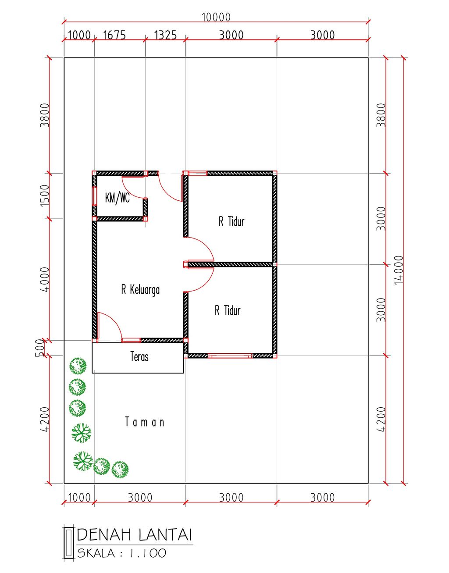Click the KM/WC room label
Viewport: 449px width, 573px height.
tap(118, 198)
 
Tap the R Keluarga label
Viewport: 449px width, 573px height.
tap(140, 289)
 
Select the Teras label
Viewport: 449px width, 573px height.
tap(139, 356)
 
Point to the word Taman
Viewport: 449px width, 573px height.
tap(145, 422)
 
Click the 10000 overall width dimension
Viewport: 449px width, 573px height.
tap(216, 17)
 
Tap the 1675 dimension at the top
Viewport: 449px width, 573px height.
tap(114, 35)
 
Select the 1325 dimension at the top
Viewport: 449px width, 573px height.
tap(165, 35)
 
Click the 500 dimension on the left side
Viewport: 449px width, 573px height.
tap(39, 348)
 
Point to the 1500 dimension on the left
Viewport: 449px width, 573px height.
tap(45, 196)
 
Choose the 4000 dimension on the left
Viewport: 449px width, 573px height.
tap(45, 280)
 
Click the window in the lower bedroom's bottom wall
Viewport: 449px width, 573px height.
tap(230, 356)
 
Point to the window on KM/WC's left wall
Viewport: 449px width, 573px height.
tap(94, 196)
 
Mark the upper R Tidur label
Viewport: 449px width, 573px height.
tap(232, 221)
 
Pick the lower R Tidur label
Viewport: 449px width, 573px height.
tap(228, 310)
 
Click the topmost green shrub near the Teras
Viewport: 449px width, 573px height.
tap(78, 366)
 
